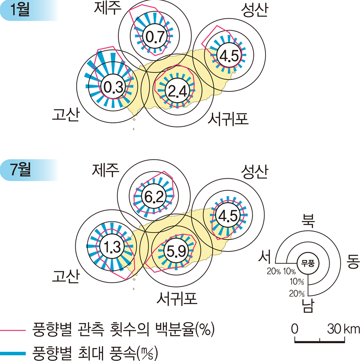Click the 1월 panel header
point(20,10)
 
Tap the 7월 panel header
point(20,170)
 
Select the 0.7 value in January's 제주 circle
point(155,37)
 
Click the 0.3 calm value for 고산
point(113,87)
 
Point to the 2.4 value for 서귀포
point(177,91)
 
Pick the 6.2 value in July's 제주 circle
point(154,197)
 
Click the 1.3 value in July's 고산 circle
point(112,247)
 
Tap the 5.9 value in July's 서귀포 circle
point(176,251)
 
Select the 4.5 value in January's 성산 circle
point(229,55)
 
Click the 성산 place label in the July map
point(254,171)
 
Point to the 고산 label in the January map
point(66,114)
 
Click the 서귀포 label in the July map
point(177,298)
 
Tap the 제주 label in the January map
point(107,8)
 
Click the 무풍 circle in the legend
point(308,263)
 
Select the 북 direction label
point(308,221)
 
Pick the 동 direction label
point(353,261)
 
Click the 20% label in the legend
point(274,271)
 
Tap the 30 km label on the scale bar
point(344,329)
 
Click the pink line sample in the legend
point(13,330)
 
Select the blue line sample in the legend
point(13,353)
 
